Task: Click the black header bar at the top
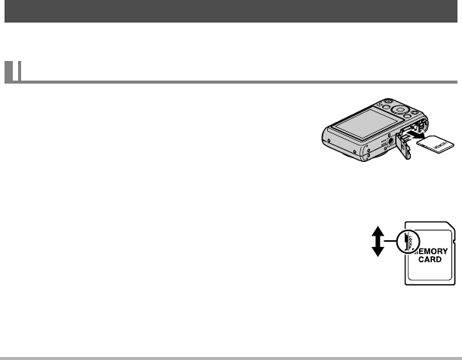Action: click(231, 11)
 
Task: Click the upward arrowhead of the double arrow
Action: click(376, 230)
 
